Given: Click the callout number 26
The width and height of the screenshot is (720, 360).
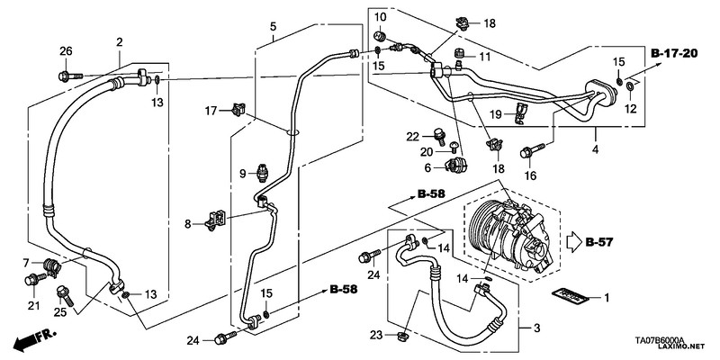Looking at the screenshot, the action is coord(66,51).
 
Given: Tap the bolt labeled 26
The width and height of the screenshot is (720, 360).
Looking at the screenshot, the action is coord(70,76).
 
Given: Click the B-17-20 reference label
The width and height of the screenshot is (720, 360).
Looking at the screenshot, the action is coord(674,53).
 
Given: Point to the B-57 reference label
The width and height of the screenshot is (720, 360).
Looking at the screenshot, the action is coord(599,242).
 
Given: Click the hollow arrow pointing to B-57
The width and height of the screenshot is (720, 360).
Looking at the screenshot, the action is coord(574,242).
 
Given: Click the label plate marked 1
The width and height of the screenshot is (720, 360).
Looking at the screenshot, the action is coord(570,297).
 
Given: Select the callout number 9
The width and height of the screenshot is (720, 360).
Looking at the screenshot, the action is coord(243,174).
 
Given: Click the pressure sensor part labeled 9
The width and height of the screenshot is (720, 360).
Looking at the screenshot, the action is coord(264,172).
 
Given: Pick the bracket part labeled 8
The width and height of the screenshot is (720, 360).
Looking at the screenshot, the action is coord(217,220).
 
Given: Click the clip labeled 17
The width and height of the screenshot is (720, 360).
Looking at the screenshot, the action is coord(238,109).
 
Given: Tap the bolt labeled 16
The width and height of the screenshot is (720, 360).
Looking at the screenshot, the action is coord(532,150).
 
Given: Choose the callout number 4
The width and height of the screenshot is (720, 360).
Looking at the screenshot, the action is coord(595,149).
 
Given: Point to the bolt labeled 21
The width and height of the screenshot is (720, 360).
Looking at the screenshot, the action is coord(35,279).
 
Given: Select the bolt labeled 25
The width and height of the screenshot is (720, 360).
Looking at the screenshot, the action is coord(64,296).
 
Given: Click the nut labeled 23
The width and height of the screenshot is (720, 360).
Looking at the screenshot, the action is coord(402,337).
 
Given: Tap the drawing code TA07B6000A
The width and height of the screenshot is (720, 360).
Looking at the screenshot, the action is coord(660,341).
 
